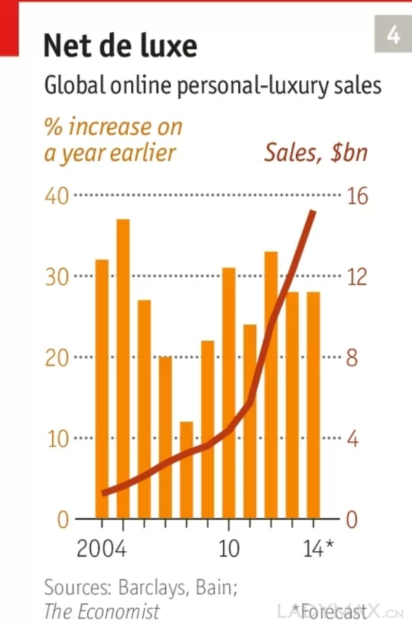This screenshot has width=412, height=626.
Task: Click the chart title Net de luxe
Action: coord(120,46)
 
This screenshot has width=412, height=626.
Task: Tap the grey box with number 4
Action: coord(393,34)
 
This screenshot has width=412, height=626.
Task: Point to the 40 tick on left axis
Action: coord(57,196)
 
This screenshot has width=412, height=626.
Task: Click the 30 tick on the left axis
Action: coord(57,277)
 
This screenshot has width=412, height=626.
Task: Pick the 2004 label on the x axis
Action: coord(101,550)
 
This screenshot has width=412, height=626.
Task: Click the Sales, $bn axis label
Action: coord(316,153)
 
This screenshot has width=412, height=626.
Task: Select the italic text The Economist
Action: coord(102,611)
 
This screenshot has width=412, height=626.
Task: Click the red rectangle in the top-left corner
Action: coord(9,27)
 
